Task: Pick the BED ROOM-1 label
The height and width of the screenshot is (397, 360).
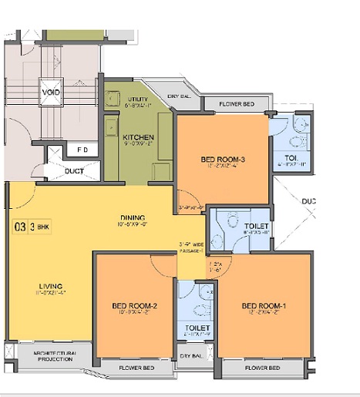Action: [x=264, y=306]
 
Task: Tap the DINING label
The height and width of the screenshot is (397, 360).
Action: [x=132, y=217]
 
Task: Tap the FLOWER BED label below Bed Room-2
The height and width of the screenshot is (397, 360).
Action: [x=136, y=368]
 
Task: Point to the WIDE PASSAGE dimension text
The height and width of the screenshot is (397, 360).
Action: [x=191, y=247]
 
